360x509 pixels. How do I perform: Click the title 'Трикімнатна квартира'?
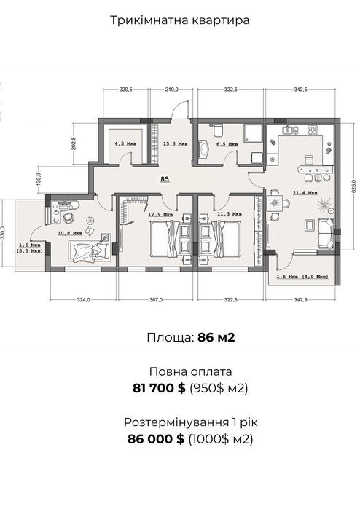coord(180,20)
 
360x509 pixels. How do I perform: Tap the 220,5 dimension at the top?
coord(125,90)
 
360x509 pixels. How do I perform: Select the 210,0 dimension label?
coord(171,90)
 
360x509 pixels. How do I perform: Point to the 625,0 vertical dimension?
coord(354,186)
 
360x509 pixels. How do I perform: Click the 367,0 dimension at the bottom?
coord(156,300)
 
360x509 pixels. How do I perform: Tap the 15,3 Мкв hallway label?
coord(175,143)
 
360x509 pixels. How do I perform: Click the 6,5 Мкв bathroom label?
coord(227,143)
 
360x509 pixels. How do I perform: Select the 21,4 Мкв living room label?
coord(305,193)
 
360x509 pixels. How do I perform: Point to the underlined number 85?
coord(165,179)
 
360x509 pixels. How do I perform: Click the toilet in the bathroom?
coord(217,130)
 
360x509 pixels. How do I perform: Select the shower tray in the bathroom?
coord(252,133)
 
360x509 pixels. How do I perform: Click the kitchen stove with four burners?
coord(312,130)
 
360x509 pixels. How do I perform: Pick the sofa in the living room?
coord(326,234)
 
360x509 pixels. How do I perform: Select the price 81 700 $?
coord(159,388)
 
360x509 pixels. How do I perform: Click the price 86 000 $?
coord(156,439)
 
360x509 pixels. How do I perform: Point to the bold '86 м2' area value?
coord(216,338)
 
